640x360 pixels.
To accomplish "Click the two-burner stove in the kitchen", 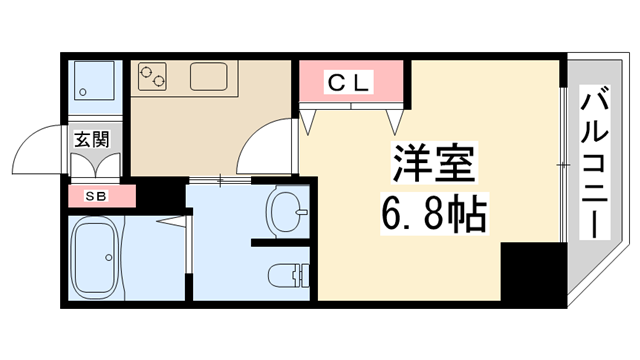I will click(155, 77).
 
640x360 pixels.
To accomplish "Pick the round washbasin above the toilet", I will click(287, 210).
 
